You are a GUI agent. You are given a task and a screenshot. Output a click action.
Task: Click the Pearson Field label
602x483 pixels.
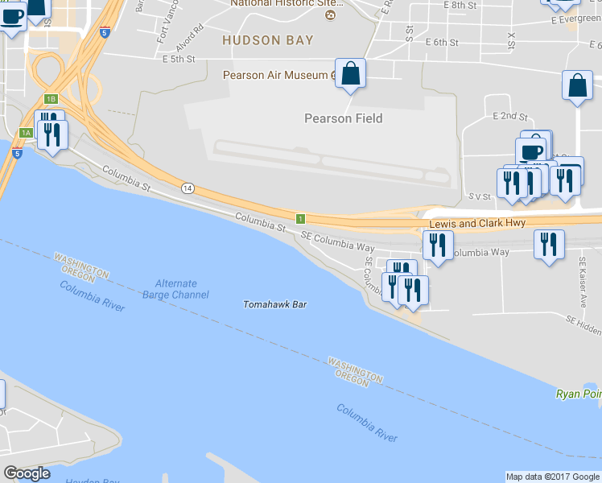tap(343, 118)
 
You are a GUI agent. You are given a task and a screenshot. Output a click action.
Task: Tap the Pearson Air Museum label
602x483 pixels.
tap(274, 76)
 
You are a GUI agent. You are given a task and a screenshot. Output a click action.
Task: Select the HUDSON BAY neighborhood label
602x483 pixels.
tap(267, 39)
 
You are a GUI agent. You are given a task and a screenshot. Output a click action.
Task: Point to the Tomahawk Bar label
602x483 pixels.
tap(276, 304)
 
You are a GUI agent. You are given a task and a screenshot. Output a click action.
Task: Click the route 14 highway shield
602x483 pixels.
tap(188, 188)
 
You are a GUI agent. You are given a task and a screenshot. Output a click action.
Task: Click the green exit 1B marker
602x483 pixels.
tap(51, 99)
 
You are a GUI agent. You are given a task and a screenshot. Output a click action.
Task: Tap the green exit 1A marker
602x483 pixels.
tap(27, 132)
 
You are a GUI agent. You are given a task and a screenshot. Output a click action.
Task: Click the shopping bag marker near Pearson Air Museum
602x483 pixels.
tap(350, 75)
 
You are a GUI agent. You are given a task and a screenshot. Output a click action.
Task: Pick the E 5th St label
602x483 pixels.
tap(179, 59)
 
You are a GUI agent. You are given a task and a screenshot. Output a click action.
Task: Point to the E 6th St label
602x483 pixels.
tap(442, 42)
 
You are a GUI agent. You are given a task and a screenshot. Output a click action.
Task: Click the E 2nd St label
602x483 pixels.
tap(509, 117)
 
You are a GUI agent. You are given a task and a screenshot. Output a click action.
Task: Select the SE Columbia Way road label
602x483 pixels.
tap(338, 237)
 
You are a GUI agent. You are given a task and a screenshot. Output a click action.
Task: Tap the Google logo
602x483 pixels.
tap(27, 473)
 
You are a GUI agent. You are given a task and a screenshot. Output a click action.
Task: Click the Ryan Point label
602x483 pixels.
tap(579, 394)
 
